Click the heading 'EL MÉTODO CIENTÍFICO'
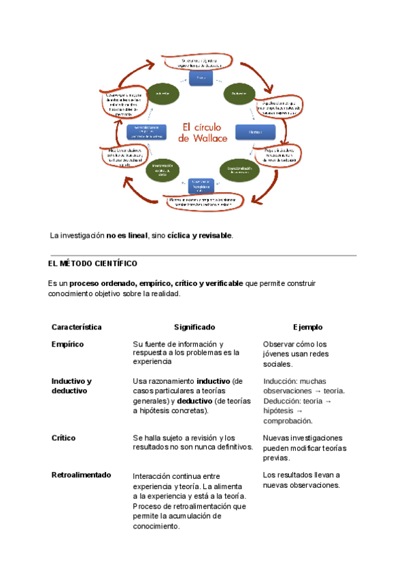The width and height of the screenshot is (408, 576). click(92, 263)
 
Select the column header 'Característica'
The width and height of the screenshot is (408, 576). click(76, 327)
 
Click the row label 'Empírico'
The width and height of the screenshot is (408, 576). click(67, 344)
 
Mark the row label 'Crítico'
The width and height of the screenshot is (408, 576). click(63, 438)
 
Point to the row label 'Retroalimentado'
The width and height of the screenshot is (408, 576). click(81, 475)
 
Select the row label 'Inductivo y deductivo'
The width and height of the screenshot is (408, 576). click(71, 386)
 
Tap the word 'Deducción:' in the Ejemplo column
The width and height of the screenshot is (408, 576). click(282, 401)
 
